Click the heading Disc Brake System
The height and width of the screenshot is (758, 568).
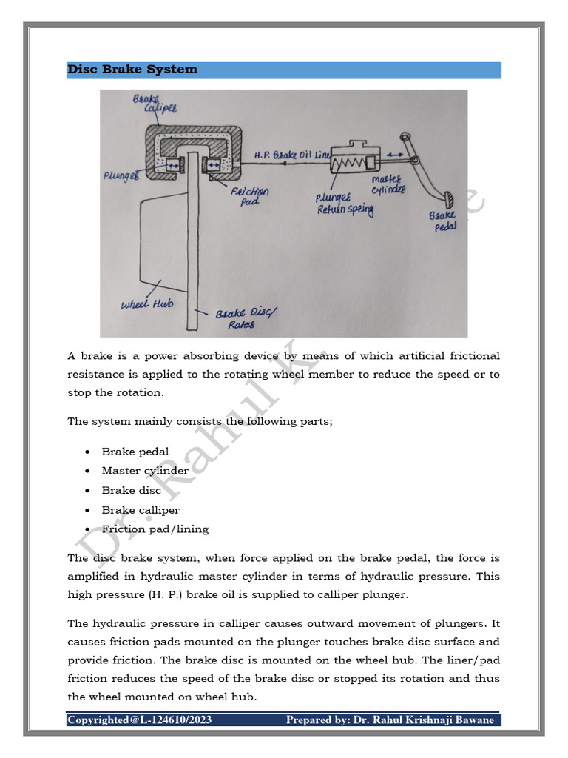coord(132,70)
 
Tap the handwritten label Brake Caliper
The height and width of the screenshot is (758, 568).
coord(150,105)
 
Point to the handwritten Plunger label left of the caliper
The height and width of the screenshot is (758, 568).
coord(122,178)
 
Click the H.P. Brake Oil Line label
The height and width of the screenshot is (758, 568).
coord(292,155)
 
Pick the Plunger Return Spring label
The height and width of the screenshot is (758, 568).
coord(344,204)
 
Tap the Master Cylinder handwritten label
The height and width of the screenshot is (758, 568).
coord(388,185)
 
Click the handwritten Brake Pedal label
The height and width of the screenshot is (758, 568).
coord(444,221)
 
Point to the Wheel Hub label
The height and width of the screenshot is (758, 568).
coord(148,304)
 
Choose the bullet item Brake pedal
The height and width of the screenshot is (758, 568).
coord(135,452)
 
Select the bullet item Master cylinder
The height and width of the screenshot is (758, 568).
coord(145,471)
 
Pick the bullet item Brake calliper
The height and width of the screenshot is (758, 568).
coord(141,510)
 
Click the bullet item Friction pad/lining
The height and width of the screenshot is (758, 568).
coord(155,529)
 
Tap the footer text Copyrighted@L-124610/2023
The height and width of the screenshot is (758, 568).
coord(128,720)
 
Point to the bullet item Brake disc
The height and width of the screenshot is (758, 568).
coord(129,490)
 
